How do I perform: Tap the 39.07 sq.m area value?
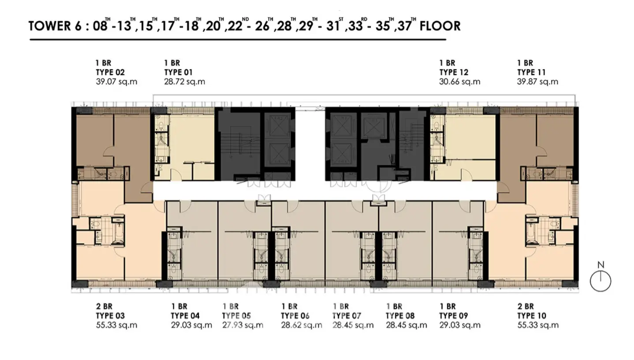click(x=116, y=82)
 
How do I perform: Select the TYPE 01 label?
click(x=178, y=72)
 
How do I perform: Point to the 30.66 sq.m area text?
click(x=460, y=82)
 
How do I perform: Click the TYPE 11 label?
click(x=531, y=72)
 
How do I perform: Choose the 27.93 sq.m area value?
click(x=242, y=325)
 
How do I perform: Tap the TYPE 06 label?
click(x=295, y=315)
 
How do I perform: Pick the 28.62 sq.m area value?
click(x=302, y=325)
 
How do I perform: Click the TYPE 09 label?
click(x=453, y=315)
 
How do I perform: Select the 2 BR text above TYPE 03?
click(x=104, y=306)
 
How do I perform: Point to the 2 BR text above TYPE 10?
click(x=526, y=306)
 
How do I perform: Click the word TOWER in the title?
click(x=49, y=26)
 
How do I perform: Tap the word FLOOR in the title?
click(x=440, y=26)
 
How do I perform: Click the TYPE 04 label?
click(x=185, y=315)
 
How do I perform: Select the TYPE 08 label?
click(x=400, y=315)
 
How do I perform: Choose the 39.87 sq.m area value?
click(x=538, y=82)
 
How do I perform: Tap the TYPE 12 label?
click(x=454, y=72)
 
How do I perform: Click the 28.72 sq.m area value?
click(x=185, y=82)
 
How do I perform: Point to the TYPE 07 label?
click(x=347, y=315)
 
